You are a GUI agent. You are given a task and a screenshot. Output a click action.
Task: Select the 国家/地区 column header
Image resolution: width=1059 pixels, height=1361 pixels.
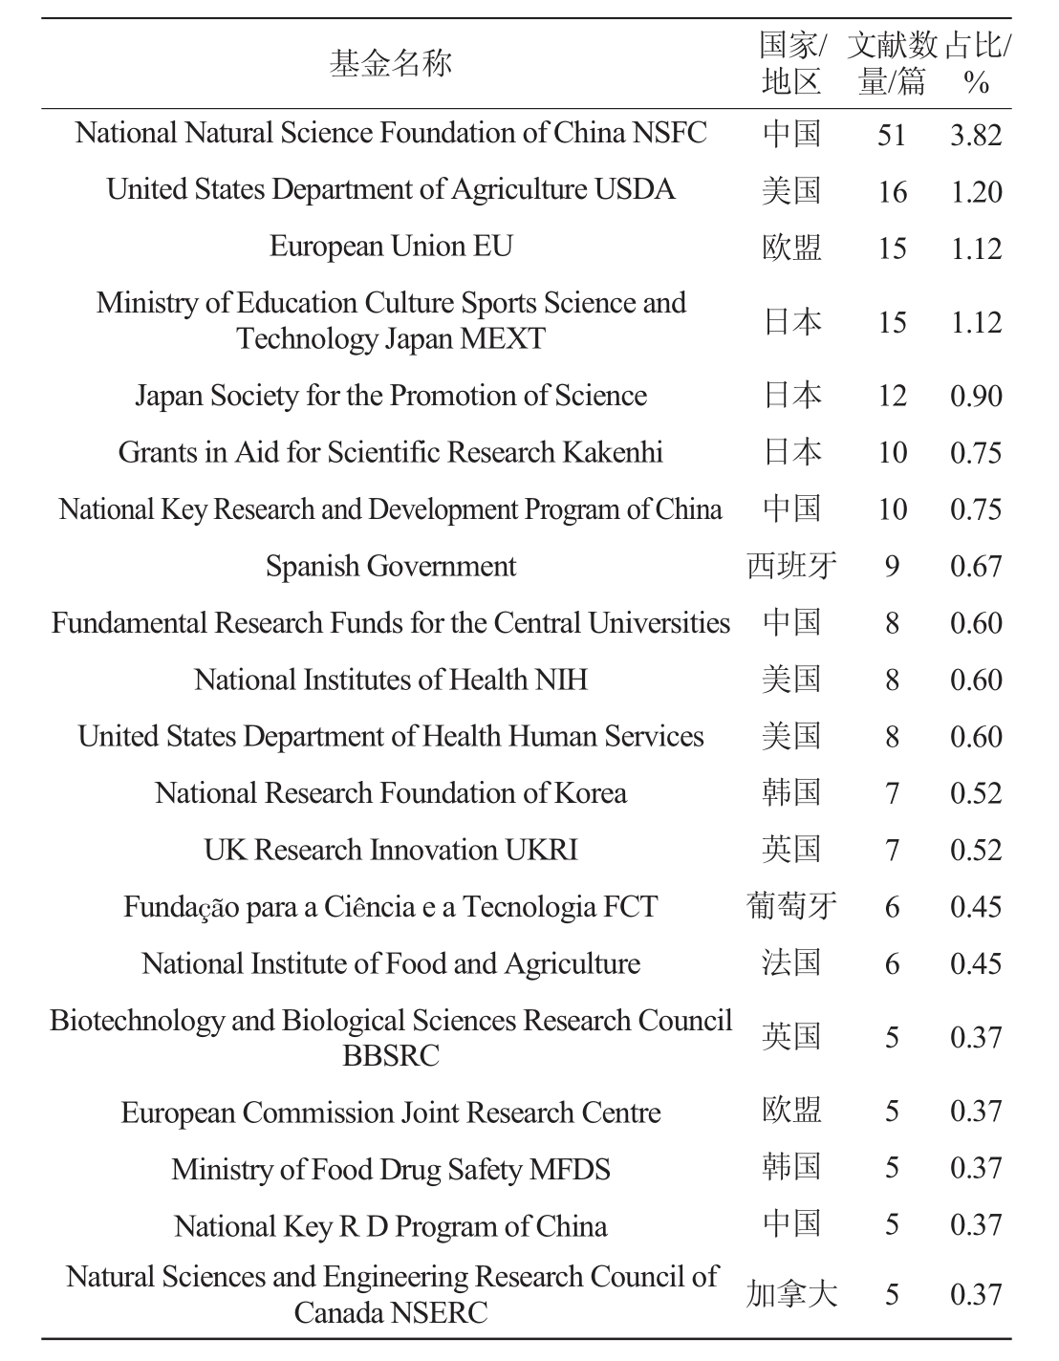click(792, 63)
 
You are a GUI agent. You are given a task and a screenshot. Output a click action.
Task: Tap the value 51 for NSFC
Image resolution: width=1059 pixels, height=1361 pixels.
click(892, 135)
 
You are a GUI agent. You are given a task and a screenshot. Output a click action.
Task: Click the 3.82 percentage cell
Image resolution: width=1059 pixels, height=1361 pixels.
click(976, 135)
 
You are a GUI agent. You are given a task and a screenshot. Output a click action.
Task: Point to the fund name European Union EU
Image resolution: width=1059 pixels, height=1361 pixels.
click(391, 247)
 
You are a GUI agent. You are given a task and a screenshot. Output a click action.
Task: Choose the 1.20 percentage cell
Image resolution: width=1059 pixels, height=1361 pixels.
click(976, 192)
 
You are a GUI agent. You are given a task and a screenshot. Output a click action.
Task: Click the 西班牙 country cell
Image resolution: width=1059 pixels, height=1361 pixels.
click(792, 566)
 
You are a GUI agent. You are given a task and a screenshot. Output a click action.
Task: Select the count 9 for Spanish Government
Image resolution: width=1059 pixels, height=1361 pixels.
click(892, 567)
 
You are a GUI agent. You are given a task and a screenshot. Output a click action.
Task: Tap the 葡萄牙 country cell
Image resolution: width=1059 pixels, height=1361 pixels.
click(792, 906)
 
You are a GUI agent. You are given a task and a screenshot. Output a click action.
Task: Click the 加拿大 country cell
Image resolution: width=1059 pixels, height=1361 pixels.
click(792, 1294)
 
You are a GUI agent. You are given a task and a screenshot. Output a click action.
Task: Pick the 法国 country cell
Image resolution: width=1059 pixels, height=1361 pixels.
click(792, 962)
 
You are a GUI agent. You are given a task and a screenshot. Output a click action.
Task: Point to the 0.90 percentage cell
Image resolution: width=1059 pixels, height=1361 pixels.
click(976, 397)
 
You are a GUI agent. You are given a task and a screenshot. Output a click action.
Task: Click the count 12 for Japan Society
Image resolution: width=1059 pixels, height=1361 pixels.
click(892, 397)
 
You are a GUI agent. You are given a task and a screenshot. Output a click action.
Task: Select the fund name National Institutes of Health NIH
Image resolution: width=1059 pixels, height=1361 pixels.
click(391, 680)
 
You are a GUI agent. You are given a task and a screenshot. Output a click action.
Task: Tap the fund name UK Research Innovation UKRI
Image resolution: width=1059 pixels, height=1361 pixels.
click(391, 850)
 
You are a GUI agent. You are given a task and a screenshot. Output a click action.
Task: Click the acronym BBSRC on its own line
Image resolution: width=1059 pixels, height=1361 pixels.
click(391, 1055)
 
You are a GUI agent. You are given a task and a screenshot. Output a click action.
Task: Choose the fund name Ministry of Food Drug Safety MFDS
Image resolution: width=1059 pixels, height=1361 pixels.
click(391, 1169)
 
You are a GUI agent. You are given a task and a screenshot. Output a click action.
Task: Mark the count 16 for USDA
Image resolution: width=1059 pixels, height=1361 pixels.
click(892, 192)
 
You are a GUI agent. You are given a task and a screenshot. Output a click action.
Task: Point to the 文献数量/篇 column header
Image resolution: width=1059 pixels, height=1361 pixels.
click(892, 63)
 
